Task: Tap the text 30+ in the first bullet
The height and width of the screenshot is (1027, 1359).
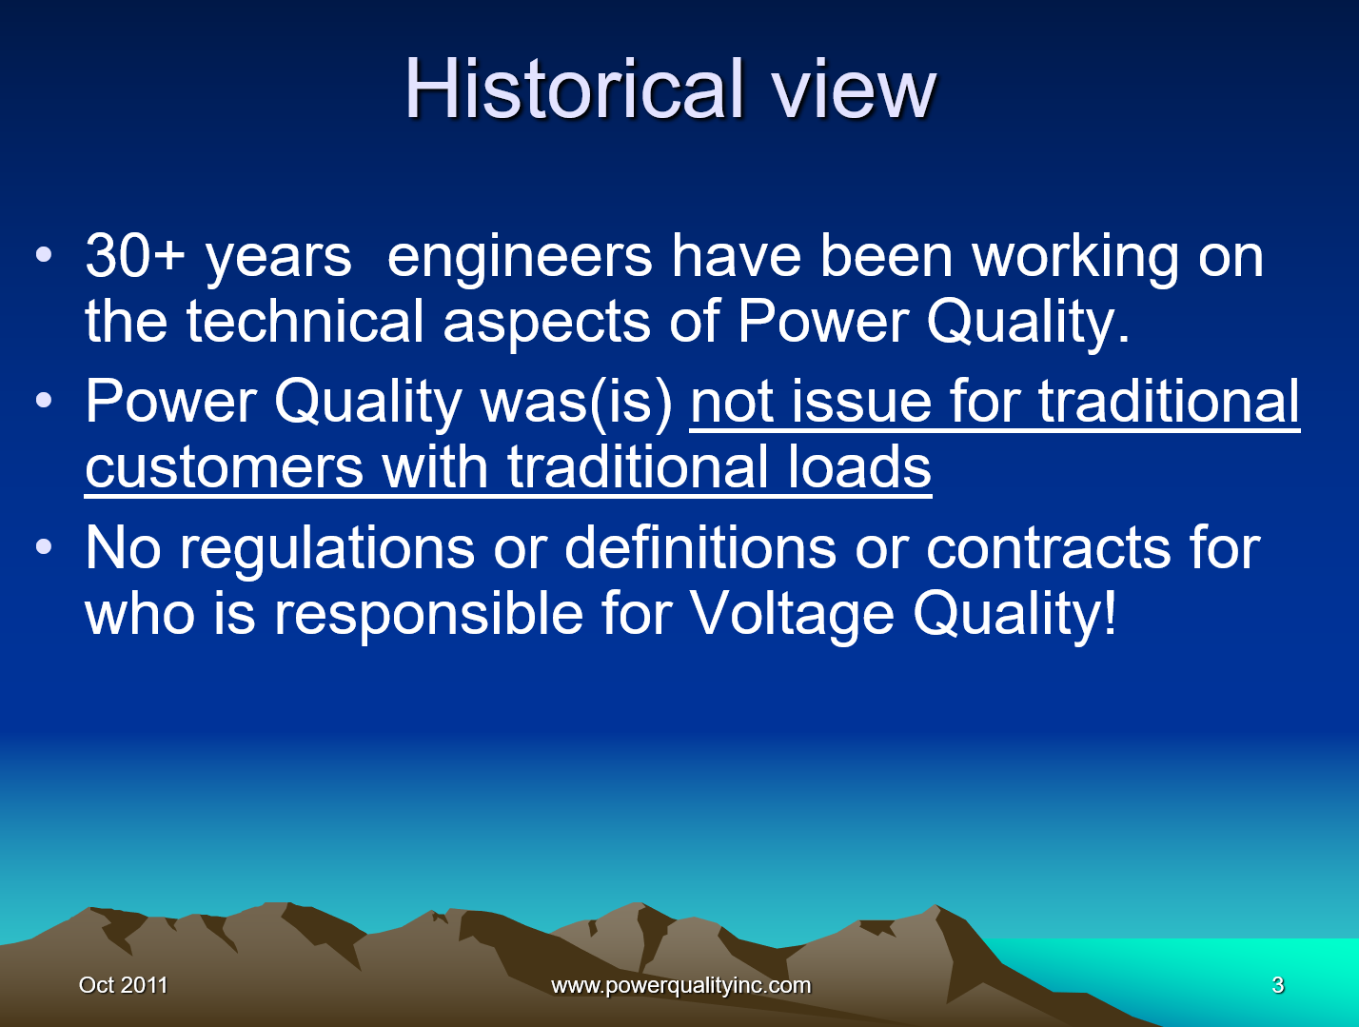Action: pos(134,256)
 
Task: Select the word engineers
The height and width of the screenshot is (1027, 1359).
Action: pos(520,256)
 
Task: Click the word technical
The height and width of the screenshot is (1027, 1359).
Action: pos(305,321)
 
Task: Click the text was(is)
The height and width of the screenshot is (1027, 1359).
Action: pos(578,402)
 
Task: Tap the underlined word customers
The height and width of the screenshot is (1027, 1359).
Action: pos(224,466)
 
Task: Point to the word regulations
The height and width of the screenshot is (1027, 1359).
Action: pos(327,549)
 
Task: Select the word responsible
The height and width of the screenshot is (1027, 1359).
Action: pos(428,613)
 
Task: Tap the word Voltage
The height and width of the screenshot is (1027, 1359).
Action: pos(791,614)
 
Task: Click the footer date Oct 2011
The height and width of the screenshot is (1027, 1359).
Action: pos(123,985)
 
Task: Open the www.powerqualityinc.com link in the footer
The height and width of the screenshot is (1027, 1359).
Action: pos(680,985)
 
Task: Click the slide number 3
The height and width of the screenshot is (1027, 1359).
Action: pos(1277,985)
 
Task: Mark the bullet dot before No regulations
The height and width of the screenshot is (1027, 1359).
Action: pos(44,547)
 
